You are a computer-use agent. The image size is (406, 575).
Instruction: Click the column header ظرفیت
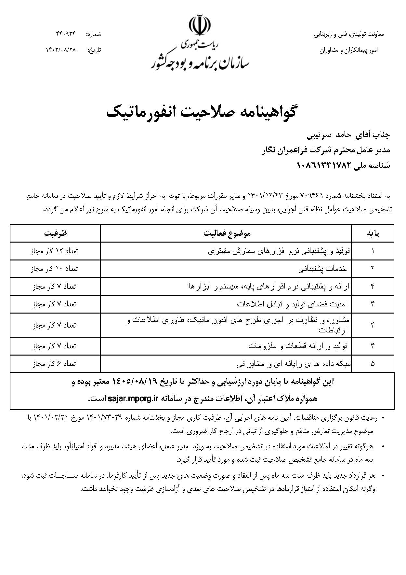55,233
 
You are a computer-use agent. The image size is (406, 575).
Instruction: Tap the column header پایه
373,233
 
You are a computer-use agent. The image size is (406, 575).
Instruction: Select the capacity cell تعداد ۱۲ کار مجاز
55,251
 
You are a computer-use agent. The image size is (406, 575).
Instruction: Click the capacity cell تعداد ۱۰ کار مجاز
55,269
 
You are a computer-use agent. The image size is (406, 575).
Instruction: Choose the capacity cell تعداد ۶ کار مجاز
55,364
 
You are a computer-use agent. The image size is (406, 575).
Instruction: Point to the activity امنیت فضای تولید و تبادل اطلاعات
292,304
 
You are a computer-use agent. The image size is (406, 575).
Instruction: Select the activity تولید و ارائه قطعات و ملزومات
298,346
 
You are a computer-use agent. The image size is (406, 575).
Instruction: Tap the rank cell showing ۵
373,364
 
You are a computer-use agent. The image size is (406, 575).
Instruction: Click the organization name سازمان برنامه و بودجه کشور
200,62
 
